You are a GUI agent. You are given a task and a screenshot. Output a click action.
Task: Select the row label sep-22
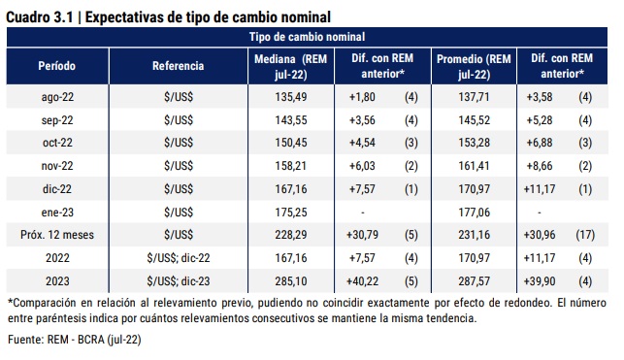click(56, 120)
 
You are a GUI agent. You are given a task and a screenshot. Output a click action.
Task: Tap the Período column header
click(56, 67)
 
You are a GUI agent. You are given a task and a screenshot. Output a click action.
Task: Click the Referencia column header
click(179, 67)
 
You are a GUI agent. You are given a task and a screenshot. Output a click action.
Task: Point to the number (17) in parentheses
click(584, 234)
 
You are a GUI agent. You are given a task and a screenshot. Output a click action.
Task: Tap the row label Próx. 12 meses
click(56, 234)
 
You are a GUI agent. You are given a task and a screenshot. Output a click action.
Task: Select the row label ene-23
click(56, 211)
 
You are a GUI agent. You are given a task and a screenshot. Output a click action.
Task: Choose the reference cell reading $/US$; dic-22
click(179, 257)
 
